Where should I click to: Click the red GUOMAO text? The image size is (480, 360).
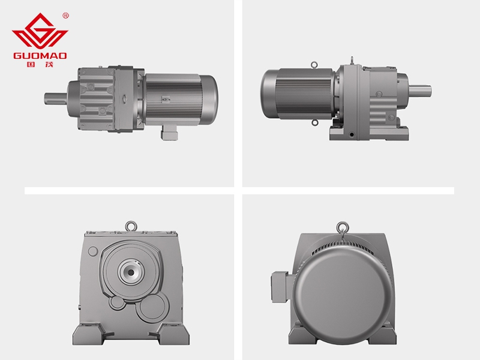pyautogui.click(x=40, y=56)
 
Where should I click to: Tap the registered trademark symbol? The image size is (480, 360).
pyautogui.click(x=65, y=16)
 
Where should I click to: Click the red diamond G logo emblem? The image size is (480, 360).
pyautogui.click(x=40, y=31)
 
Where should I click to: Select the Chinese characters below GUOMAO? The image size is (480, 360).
pyautogui.click(x=40, y=64)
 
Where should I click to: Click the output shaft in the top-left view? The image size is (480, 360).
pyautogui.click(x=56, y=98)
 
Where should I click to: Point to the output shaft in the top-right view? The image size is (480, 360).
pyautogui.click(x=419, y=91)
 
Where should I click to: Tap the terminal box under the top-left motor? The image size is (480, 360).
pyautogui.click(x=169, y=133)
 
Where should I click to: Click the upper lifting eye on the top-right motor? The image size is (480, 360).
pyautogui.click(x=314, y=65)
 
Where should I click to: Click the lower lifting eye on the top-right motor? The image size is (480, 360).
pyautogui.click(x=314, y=123)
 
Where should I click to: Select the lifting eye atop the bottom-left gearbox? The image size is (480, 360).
pyautogui.click(x=131, y=226)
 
